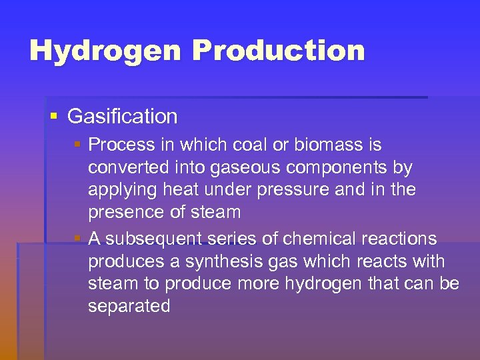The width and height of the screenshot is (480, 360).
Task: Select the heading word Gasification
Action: point(123,116)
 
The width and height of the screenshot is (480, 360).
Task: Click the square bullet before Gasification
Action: point(54,116)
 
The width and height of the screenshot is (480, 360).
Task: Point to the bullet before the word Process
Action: point(78,144)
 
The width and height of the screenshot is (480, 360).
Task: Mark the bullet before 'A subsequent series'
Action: point(78,238)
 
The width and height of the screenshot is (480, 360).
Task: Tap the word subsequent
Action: point(160,239)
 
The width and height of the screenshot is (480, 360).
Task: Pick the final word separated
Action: point(129,306)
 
